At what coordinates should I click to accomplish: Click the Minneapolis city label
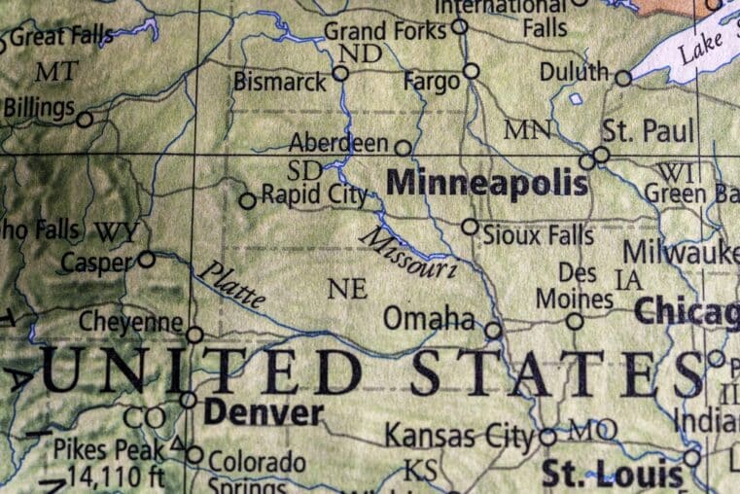(487, 183)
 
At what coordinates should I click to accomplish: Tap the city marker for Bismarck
(340, 73)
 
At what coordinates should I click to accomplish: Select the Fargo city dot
(472, 70)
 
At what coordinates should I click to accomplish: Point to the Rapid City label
(314, 195)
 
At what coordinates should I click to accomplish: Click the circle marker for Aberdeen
(403, 148)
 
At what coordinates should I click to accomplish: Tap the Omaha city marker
(493, 331)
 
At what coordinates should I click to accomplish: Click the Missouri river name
(408, 253)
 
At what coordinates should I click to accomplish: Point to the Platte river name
(230, 284)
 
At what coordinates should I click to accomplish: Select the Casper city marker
(146, 259)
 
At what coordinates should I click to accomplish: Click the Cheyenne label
(131, 322)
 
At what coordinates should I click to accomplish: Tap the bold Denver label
(263, 412)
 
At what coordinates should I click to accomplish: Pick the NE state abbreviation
(347, 289)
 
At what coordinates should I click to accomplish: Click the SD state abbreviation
(305, 170)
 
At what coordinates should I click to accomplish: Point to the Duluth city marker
(623, 78)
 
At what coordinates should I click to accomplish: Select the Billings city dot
(85, 120)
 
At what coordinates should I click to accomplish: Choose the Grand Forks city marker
(459, 26)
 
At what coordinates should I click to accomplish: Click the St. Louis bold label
(613, 476)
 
